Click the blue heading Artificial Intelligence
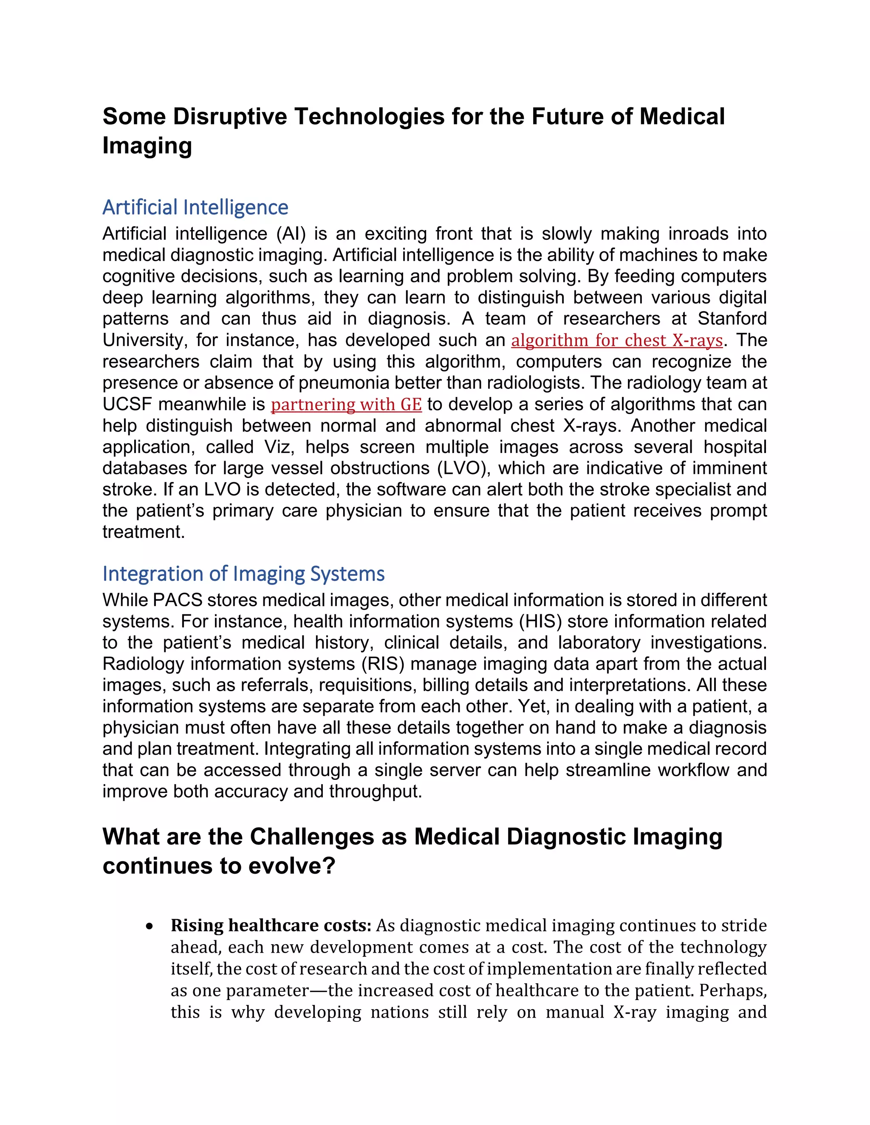coord(195,208)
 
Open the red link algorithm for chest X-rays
coord(616,341)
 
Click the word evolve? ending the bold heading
coord(292,866)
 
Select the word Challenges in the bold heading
coord(312,837)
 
